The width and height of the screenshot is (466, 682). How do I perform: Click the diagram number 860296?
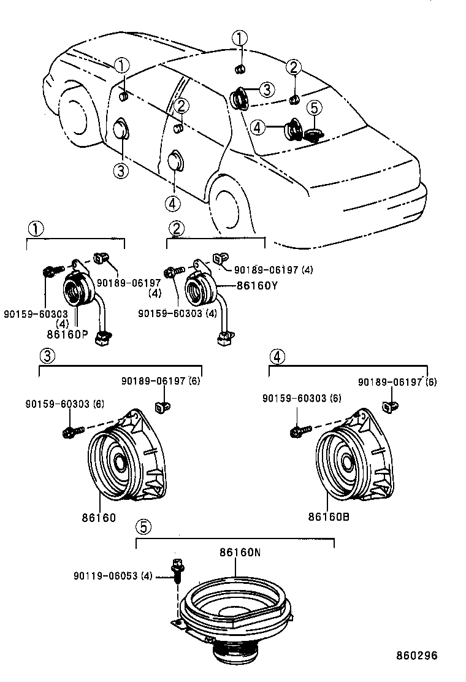416,656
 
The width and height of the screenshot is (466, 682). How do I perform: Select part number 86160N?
240,553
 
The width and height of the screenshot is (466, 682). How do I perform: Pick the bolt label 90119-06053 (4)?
112,576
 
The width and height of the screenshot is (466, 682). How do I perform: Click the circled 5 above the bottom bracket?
142,526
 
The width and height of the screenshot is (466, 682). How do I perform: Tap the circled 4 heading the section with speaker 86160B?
277,355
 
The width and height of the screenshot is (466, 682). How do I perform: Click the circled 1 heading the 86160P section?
35,229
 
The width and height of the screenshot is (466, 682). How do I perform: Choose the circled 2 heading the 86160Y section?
177,229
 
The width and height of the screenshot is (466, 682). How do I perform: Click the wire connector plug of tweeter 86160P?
104,335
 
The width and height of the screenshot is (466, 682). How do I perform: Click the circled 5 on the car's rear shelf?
313,109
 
